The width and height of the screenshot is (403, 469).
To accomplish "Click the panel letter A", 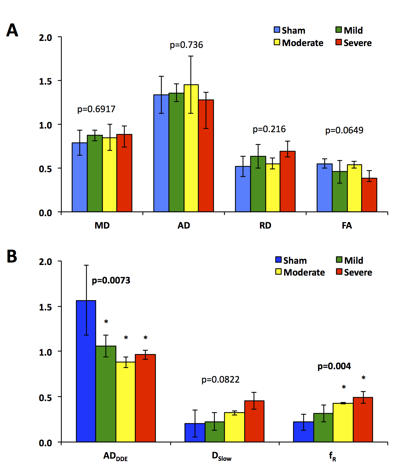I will tap(12, 30).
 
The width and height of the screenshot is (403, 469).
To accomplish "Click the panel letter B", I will tap(12, 256).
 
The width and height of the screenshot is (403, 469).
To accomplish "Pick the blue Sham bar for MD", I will tap(79, 177).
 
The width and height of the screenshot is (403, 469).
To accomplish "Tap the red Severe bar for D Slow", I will tap(254, 421).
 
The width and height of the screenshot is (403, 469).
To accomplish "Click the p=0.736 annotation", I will tap(186, 45).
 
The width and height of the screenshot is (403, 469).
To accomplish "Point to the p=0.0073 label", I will tap(111, 280).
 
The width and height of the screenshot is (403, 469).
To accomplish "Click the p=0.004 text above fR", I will tap(334, 366).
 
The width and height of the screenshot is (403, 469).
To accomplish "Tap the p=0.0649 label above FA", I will tap(344, 130).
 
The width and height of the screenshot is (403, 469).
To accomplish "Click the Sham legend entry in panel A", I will tap(290, 30).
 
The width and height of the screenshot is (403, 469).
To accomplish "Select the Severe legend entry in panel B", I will tap(354, 272).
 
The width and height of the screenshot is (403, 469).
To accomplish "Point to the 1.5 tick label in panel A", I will tap(45, 81).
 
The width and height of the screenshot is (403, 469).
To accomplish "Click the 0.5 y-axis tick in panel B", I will tap(45, 397).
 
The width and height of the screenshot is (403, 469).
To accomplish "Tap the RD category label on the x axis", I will tap(265, 226).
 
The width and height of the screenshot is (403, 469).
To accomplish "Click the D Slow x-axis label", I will tap(221, 456).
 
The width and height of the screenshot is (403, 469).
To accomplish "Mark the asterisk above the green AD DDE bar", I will tap(106, 322).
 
